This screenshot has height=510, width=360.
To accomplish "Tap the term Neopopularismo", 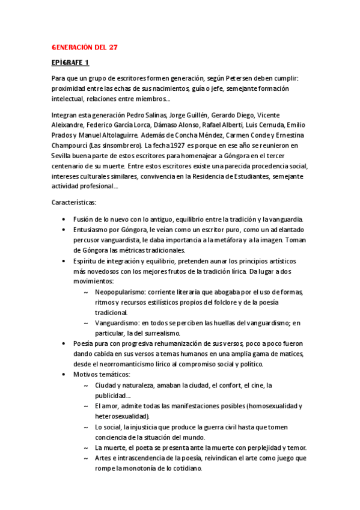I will [123, 292].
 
